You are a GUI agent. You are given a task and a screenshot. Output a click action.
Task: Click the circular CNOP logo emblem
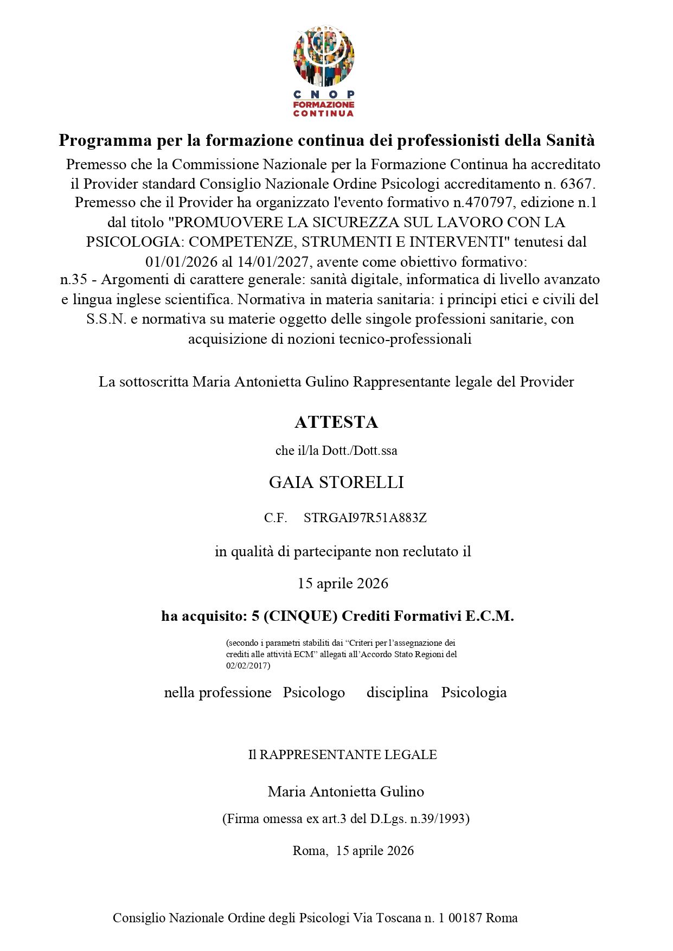(324, 56)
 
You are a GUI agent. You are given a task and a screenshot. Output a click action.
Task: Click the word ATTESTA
(336, 422)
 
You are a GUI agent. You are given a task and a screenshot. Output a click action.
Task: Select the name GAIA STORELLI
(336, 482)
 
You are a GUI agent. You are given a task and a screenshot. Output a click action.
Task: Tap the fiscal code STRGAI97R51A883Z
(365, 518)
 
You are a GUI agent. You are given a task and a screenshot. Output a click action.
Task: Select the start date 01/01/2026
(181, 262)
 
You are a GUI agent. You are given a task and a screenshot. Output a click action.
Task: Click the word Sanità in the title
(570, 140)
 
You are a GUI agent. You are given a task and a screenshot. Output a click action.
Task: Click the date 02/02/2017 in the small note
(247, 665)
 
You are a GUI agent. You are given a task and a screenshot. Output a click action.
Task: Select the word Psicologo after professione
(314, 692)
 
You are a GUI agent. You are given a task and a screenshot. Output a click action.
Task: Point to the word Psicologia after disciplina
(473, 692)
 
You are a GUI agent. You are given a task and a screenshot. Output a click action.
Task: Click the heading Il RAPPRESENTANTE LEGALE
(342, 755)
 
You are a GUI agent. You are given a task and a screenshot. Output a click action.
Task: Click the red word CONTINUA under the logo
(323, 113)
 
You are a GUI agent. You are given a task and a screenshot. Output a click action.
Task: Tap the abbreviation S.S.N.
(106, 319)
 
